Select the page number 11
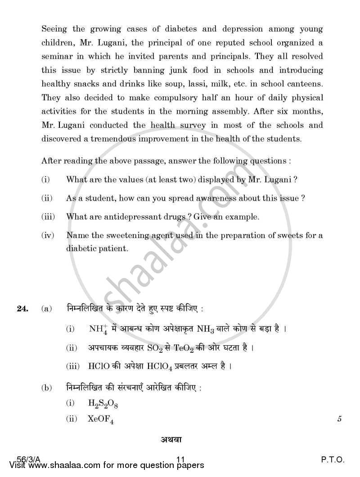click(x=181, y=460)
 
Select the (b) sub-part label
click(x=45, y=387)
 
